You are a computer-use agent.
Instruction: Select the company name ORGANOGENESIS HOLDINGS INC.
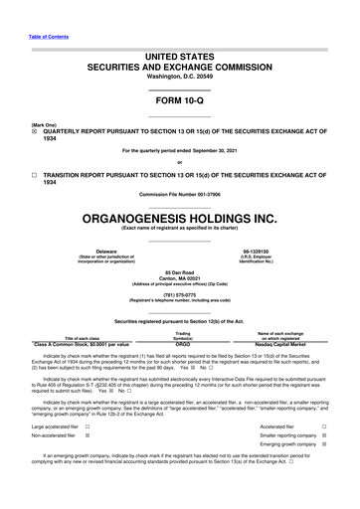[x=179, y=217]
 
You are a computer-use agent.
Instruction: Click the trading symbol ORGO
[x=182, y=345]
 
